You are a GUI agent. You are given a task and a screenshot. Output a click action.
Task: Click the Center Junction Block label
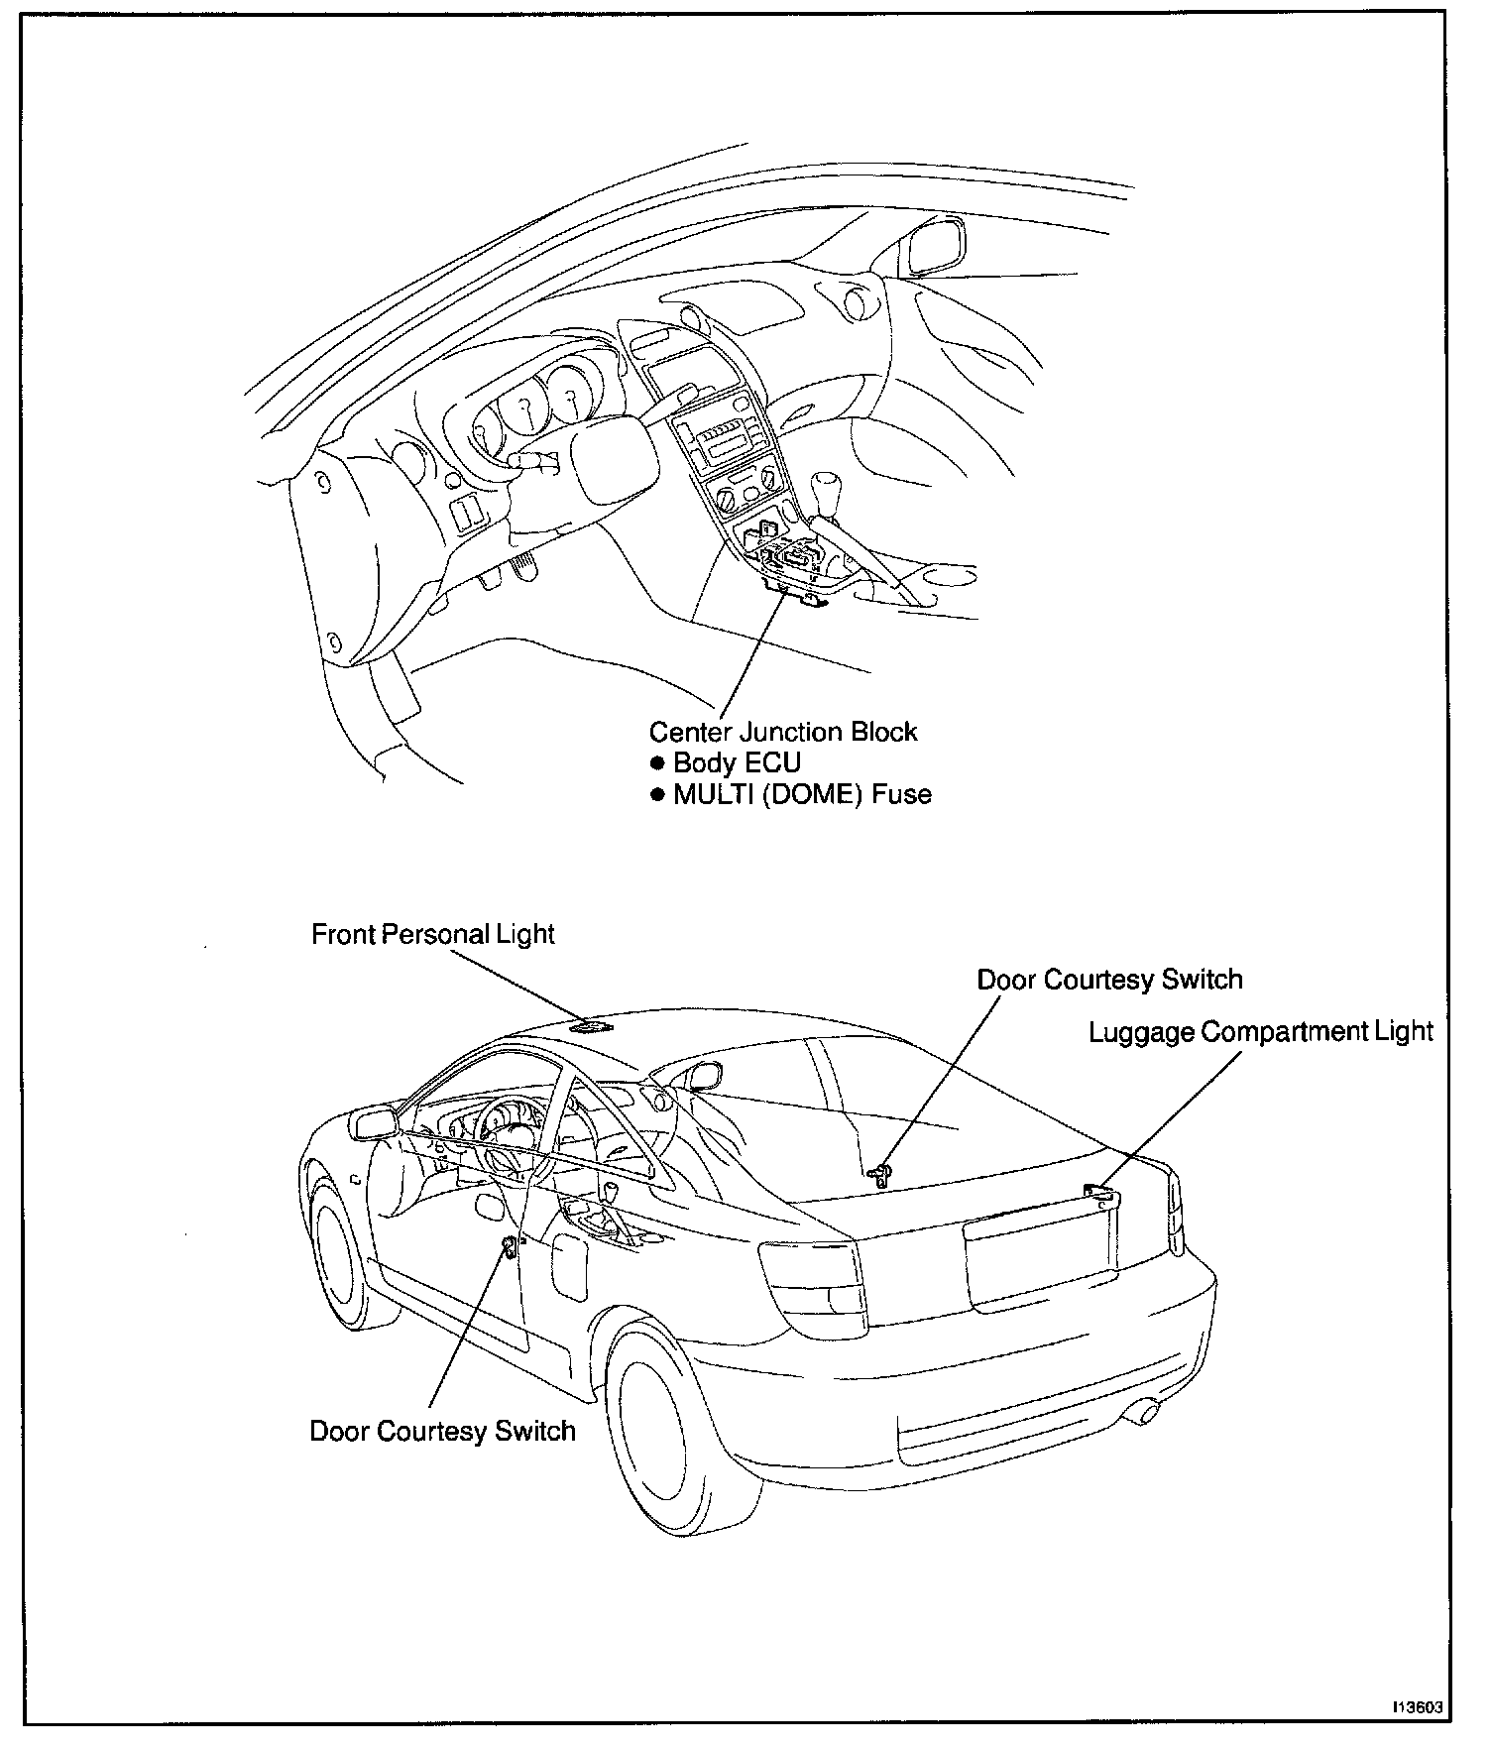(x=782, y=733)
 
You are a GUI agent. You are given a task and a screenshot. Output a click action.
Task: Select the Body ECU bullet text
(x=736, y=763)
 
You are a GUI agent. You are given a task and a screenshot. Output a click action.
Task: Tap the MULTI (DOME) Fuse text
(x=801, y=794)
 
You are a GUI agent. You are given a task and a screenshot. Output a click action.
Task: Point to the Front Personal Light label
(x=432, y=935)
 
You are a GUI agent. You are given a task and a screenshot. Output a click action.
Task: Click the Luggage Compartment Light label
(x=1260, y=1032)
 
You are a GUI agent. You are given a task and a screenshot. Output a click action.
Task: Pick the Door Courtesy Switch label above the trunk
(x=1108, y=980)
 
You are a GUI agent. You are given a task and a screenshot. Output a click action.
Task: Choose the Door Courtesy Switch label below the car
(x=442, y=1432)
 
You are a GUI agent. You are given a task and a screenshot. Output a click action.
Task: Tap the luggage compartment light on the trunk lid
(x=1101, y=1196)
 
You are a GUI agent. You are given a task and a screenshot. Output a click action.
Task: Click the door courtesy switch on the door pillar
(x=509, y=1246)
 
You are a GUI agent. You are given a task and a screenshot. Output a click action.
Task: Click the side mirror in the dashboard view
(x=934, y=245)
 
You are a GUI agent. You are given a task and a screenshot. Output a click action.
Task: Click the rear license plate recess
(x=1036, y=1259)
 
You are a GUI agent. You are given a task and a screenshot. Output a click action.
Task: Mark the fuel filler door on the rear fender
(x=569, y=1266)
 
